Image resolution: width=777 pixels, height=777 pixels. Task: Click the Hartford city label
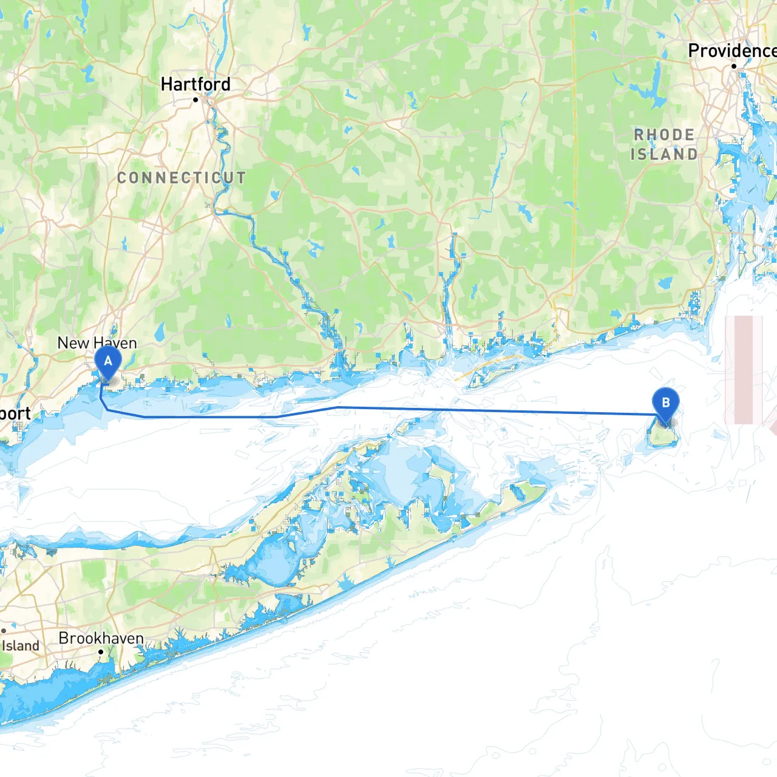(x=195, y=84)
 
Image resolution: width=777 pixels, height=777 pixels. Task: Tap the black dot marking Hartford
(x=195, y=100)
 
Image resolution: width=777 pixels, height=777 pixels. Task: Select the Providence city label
(x=731, y=51)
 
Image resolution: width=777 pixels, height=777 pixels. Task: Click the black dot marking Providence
(x=734, y=66)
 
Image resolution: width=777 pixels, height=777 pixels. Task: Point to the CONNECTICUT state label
(x=182, y=178)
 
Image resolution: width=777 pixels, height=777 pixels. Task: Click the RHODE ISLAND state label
(x=664, y=144)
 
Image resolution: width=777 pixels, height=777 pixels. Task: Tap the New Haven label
(x=97, y=343)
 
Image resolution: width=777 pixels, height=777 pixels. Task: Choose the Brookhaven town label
(x=101, y=638)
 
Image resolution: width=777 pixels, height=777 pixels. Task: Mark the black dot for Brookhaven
(x=101, y=652)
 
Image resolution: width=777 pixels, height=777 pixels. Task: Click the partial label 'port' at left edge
(x=15, y=414)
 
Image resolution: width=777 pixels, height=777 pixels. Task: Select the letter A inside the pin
(x=108, y=361)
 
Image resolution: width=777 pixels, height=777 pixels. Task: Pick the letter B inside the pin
(x=665, y=402)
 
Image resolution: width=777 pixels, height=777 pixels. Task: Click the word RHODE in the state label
(x=664, y=135)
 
